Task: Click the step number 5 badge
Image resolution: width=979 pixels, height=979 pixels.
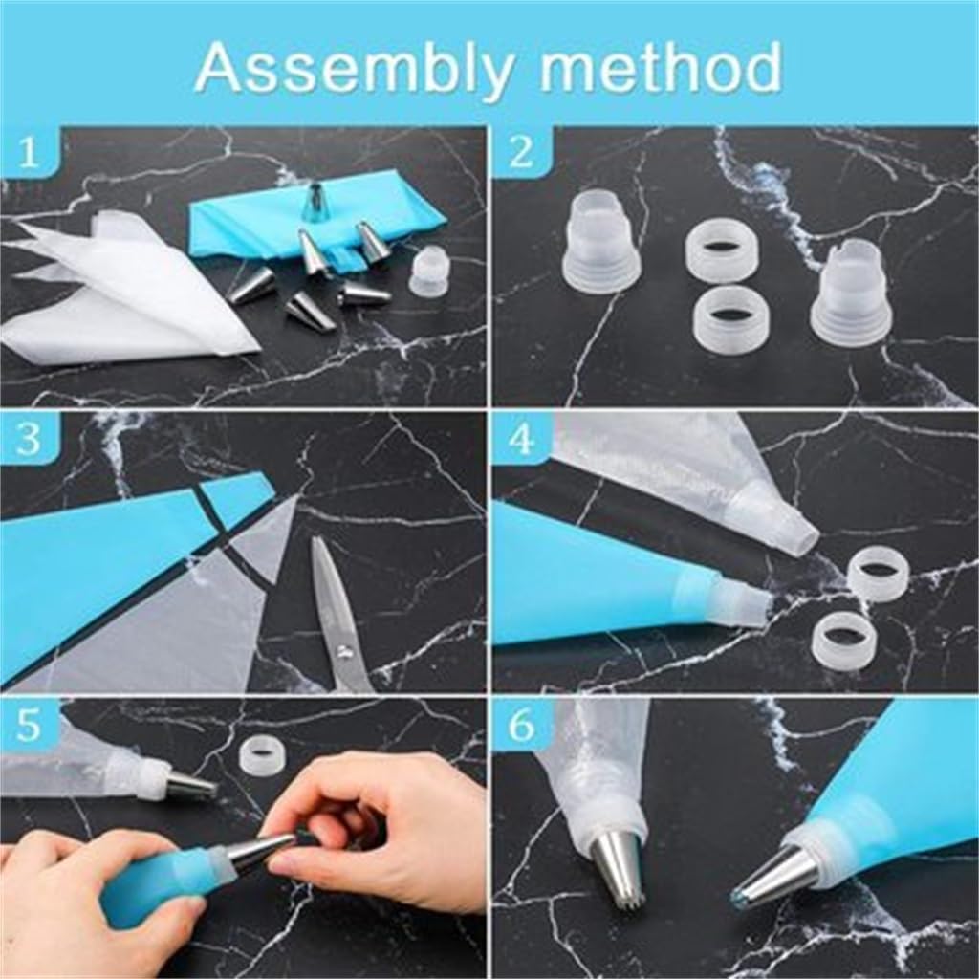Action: [x=29, y=727]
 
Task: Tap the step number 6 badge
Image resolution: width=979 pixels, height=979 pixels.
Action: [x=520, y=727]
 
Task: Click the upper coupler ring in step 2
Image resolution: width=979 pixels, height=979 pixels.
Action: [x=722, y=250]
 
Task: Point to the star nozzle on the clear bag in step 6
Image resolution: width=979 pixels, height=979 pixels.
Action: [x=617, y=865]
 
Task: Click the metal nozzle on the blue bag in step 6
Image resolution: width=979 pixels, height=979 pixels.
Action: [x=775, y=876]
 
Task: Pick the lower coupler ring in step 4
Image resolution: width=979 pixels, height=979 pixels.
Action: [x=842, y=641]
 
